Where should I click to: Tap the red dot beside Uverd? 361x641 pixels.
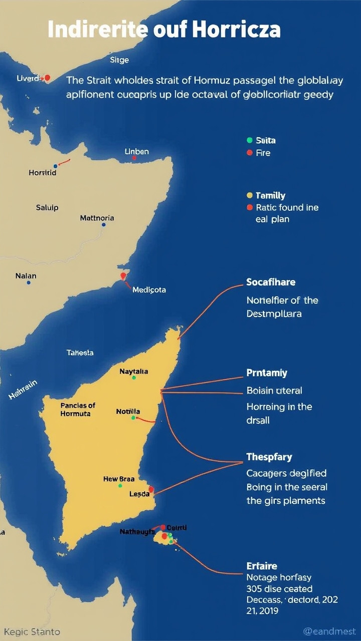47,78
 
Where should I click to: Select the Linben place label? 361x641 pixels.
136,151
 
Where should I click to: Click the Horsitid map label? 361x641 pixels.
43,173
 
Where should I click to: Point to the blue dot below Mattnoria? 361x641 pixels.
103,225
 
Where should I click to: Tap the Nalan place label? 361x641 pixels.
26,275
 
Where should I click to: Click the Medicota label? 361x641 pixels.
149,289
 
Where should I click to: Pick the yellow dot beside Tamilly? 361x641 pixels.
250,195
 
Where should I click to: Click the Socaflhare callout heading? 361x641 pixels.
271,282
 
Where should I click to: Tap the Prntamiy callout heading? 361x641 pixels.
267,373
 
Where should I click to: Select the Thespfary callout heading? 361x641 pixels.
269,457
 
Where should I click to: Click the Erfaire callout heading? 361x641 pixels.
262,566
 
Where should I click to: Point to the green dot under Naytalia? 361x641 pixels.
134,377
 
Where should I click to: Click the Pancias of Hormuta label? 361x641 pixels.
78,409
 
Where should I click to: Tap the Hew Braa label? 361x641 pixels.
119,479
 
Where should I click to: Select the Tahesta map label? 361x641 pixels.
80,353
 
